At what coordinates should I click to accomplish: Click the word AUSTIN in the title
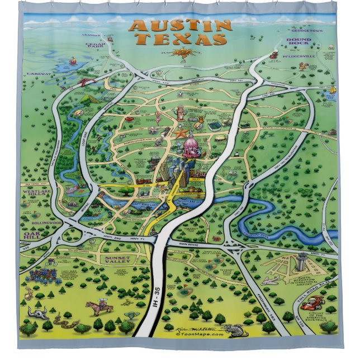coord(179,26)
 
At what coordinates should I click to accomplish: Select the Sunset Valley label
coord(117,260)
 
